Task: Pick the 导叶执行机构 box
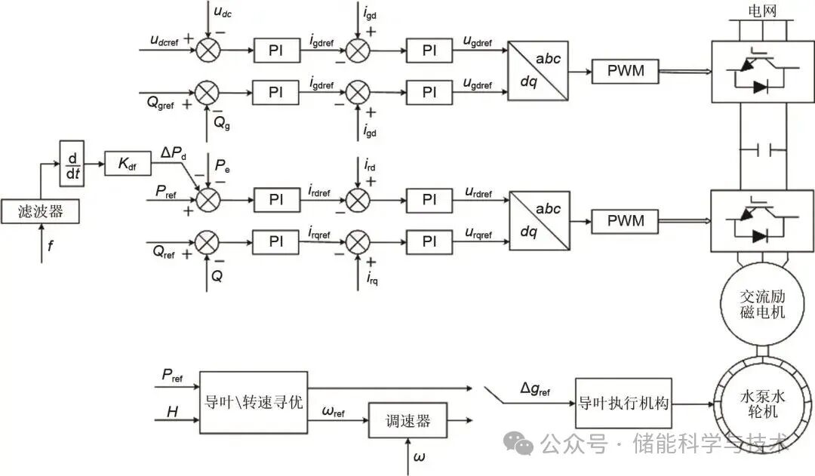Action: [x=623, y=403]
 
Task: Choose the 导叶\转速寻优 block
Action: [x=254, y=402]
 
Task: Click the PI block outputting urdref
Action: [x=429, y=200]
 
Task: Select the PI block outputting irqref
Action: [x=275, y=241]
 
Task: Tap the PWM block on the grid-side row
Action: [x=626, y=72]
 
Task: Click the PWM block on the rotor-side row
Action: [x=626, y=220]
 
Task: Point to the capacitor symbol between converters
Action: [x=761, y=150]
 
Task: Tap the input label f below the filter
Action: [x=49, y=244]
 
